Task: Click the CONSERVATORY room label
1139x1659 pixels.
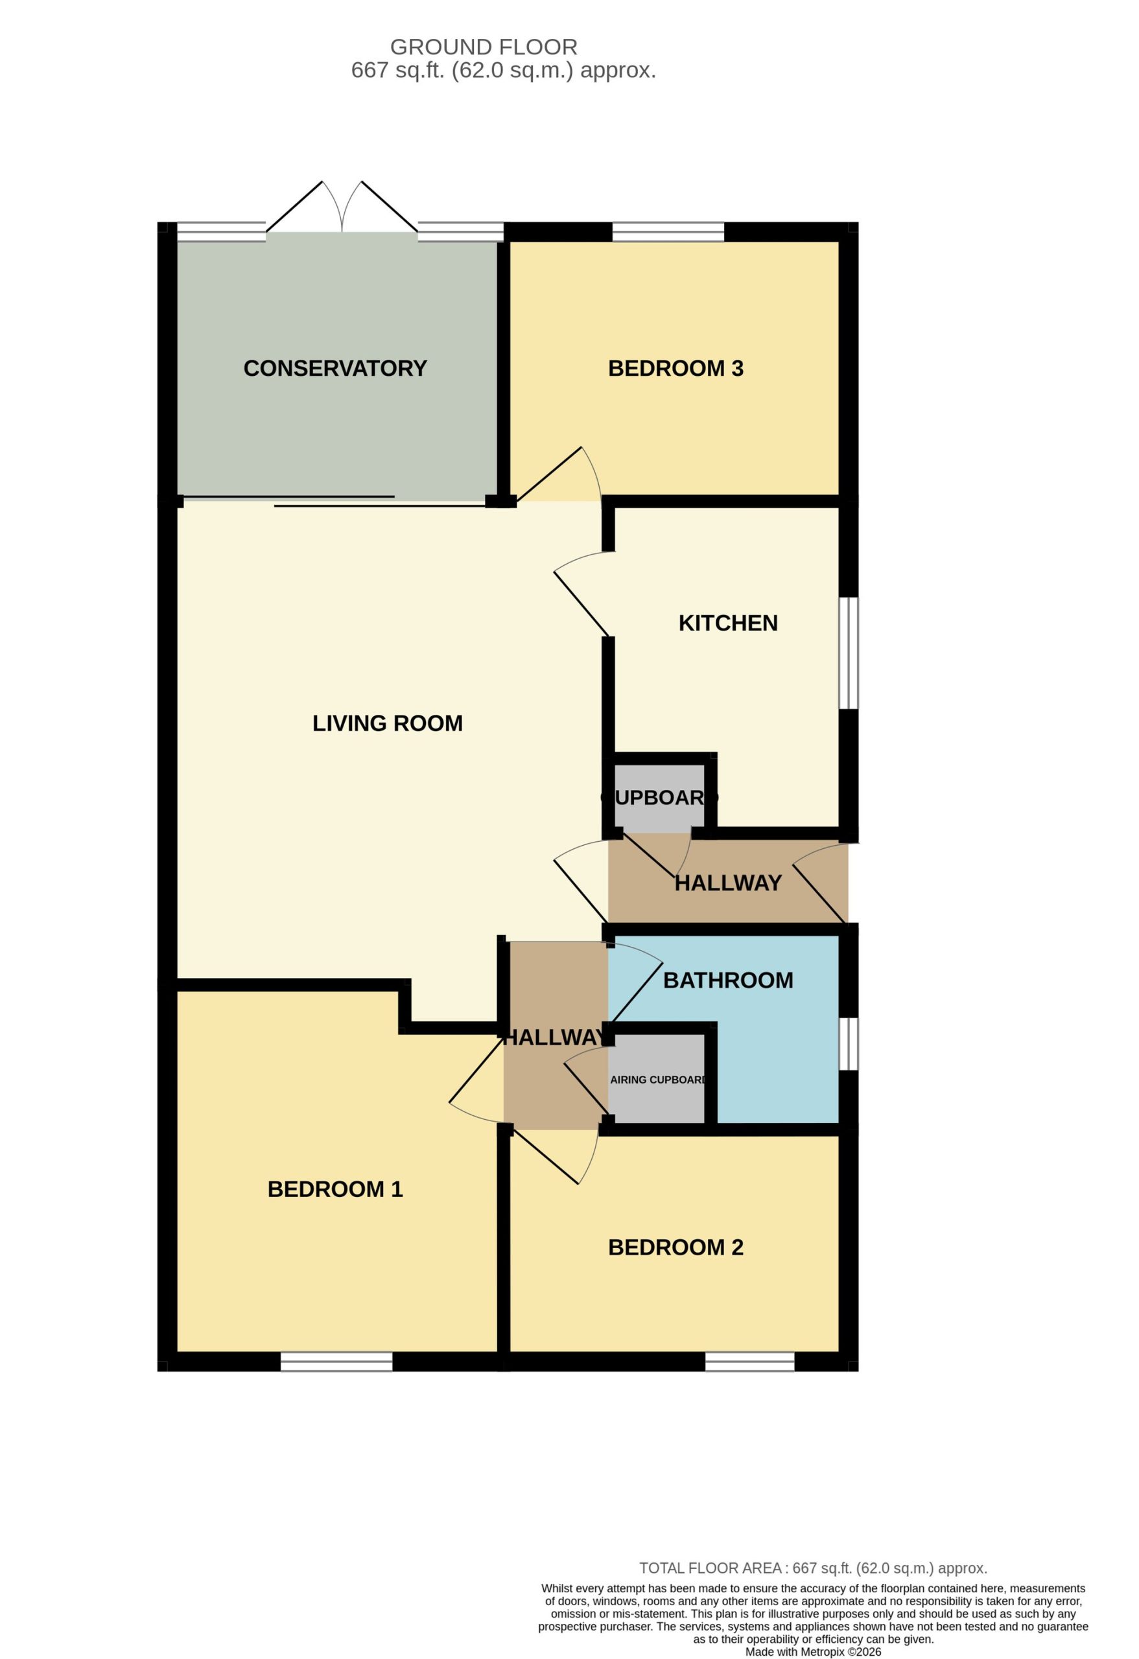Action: (335, 368)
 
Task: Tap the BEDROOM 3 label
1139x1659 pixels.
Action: (675, 368)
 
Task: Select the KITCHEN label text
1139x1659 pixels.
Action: (727, 623)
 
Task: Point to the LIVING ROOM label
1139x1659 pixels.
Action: (387, 723)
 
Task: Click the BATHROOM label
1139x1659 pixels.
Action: (727, 980)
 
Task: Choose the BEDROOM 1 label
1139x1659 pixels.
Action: (335, 1189)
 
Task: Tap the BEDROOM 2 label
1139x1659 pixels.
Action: (675, 1247)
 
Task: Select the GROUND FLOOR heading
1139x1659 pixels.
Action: (484, 47)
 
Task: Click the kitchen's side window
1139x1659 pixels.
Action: (849, 653)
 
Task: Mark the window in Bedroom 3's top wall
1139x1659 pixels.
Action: (668, 232)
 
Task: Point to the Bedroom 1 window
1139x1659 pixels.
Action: (336, 1362)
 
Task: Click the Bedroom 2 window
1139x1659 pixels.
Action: (750, 1362)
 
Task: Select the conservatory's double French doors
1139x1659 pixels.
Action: (342, 207)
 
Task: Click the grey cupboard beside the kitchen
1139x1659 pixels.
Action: (659, 797)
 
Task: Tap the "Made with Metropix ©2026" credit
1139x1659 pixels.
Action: (814, 1652)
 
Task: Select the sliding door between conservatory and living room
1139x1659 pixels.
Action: (335, 501)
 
